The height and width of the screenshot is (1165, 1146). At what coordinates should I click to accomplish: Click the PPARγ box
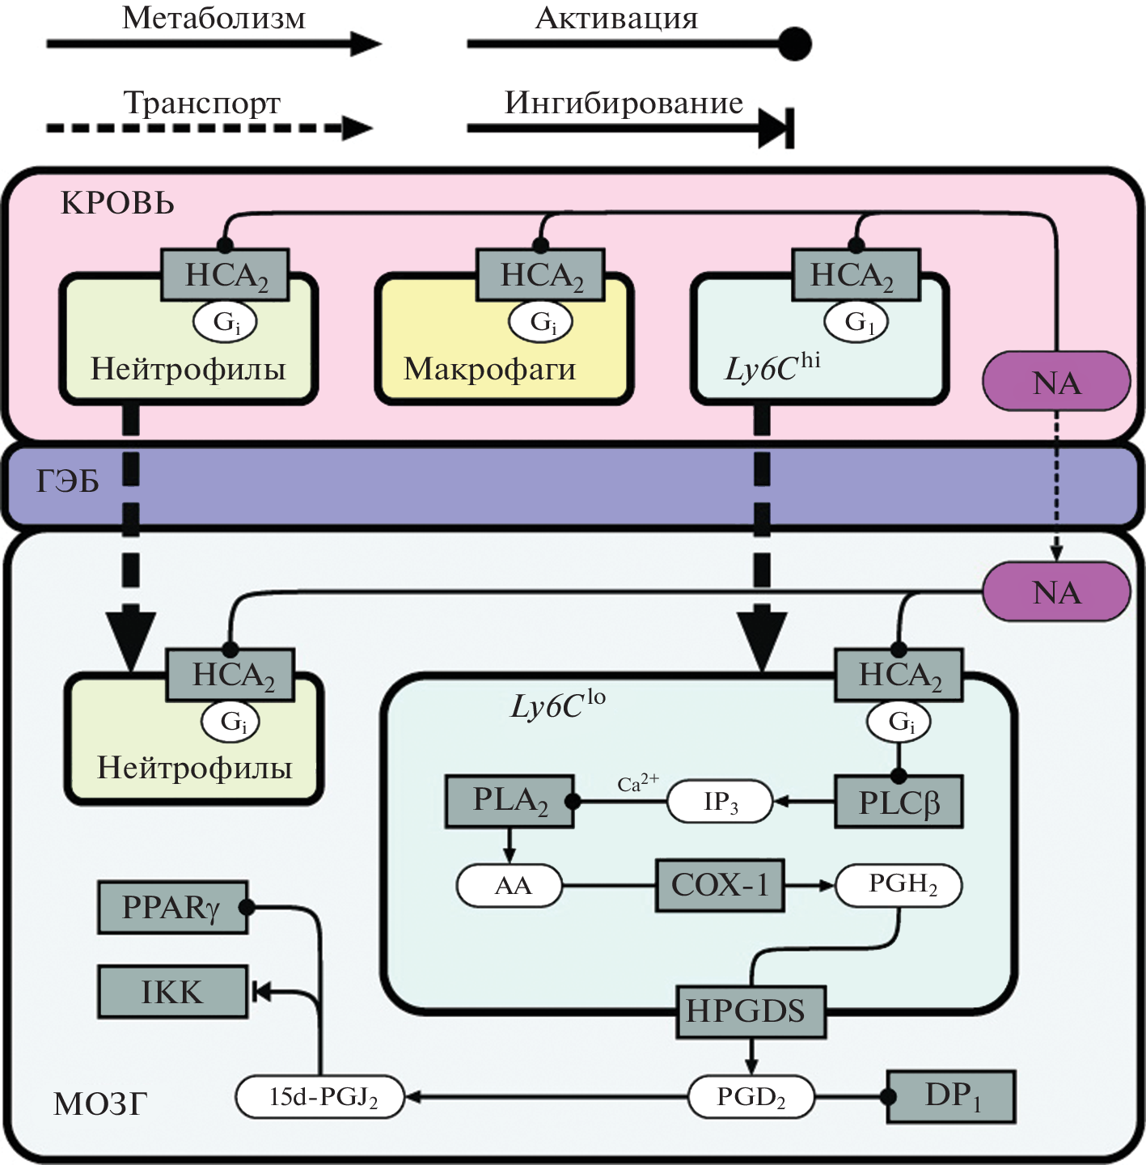click(172, 908)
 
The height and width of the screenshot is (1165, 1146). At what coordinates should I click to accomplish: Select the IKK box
click(172, 991)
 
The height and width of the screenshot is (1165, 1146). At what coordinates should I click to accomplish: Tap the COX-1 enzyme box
click(720, 885)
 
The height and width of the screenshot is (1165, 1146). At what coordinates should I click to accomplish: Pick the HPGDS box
click(750, 1011)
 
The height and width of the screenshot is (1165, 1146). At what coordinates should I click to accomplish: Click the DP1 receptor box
click(952, 1096)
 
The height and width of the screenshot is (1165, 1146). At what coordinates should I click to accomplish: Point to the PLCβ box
click(899, 802)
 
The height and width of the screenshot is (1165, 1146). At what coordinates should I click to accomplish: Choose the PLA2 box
click(510, 801)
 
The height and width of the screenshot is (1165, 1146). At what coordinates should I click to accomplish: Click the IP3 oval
click(720, 802)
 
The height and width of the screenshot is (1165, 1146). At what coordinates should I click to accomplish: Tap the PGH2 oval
click(899, 885)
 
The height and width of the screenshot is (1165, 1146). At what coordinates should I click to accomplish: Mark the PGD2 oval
click(751, 1097)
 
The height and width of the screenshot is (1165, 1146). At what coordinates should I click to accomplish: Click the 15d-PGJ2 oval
click(320, 1097)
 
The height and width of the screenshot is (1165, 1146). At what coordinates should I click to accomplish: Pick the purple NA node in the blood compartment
click(1056, 382)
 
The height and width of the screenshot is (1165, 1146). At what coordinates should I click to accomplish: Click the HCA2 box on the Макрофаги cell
click(541, 275)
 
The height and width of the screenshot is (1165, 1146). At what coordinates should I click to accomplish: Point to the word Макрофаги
click(489, 369)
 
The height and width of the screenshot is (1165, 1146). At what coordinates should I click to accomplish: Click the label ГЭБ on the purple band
click(68, 482)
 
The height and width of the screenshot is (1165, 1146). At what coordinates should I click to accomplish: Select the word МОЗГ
click(100, 1104)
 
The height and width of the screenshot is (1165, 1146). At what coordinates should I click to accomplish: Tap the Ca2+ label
click(637, 783)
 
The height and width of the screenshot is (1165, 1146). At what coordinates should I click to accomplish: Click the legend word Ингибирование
click(624, 104)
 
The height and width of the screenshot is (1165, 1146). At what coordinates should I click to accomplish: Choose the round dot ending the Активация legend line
click(794, 44)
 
